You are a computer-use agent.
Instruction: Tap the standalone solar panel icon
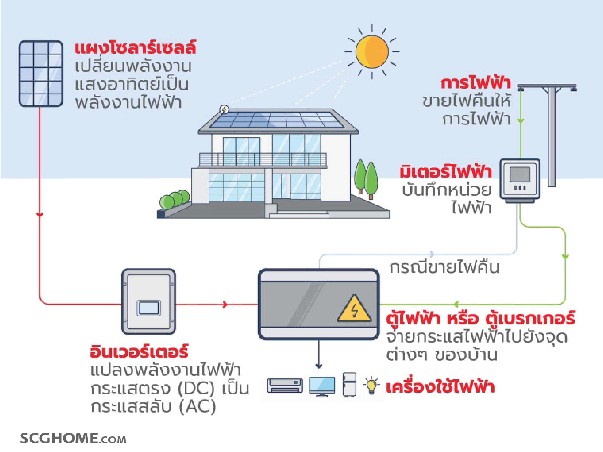click(x=41, y=74)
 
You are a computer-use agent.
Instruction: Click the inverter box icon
click(x=149, y=302)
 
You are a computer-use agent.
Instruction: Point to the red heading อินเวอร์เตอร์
click(x=139, y=352)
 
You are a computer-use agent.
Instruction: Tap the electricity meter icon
click(x=520, y=180)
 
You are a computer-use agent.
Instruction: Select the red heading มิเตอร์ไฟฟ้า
click(x=446, y=172)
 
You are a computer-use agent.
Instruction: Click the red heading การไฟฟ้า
click(x=476, y=83)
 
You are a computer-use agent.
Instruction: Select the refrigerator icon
click(x=349, y=384)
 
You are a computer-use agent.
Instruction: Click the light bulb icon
click(x=371, y=385)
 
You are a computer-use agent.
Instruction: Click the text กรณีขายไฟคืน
click(x=444, y=268)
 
